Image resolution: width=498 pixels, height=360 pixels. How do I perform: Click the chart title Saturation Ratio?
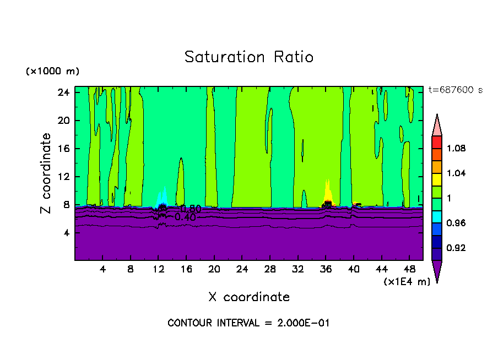pyautogui.click(x=248, y=57)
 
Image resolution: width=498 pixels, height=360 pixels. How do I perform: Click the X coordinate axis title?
pyautogui.click(x=249, y=297)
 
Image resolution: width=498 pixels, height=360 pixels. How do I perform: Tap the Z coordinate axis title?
pyautogui.click(x=47, y=173)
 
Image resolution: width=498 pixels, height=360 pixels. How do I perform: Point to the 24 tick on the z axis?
pyautogui.click(x=63, y=92)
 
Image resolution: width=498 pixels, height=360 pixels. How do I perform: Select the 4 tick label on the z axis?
pyautogui.click(x=66, y=233)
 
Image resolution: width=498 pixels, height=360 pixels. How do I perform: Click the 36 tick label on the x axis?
pyautogui.click(x=326, y=269)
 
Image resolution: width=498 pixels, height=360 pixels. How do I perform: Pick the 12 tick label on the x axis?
pyautogui.click(x=158, y=269)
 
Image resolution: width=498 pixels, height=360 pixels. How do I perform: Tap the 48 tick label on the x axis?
pyautogui.click(x=409, y=269)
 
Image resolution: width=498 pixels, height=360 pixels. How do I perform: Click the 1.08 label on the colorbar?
pyautogui.click(x=456, y=149)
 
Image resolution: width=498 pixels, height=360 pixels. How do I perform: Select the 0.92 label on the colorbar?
pyautogui.click(x=456, y=248)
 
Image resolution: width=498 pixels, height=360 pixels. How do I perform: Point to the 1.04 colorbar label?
pyautogui.click(x=456, y=173)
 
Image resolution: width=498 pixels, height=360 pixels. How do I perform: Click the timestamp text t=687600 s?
pyautogui.click(x=455, y=90)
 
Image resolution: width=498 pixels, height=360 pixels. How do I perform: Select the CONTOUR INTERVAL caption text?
pyautogui.click(x=248, y=323)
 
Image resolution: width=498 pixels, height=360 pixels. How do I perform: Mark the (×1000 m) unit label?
pyautogui.click(x=52, y=72)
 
